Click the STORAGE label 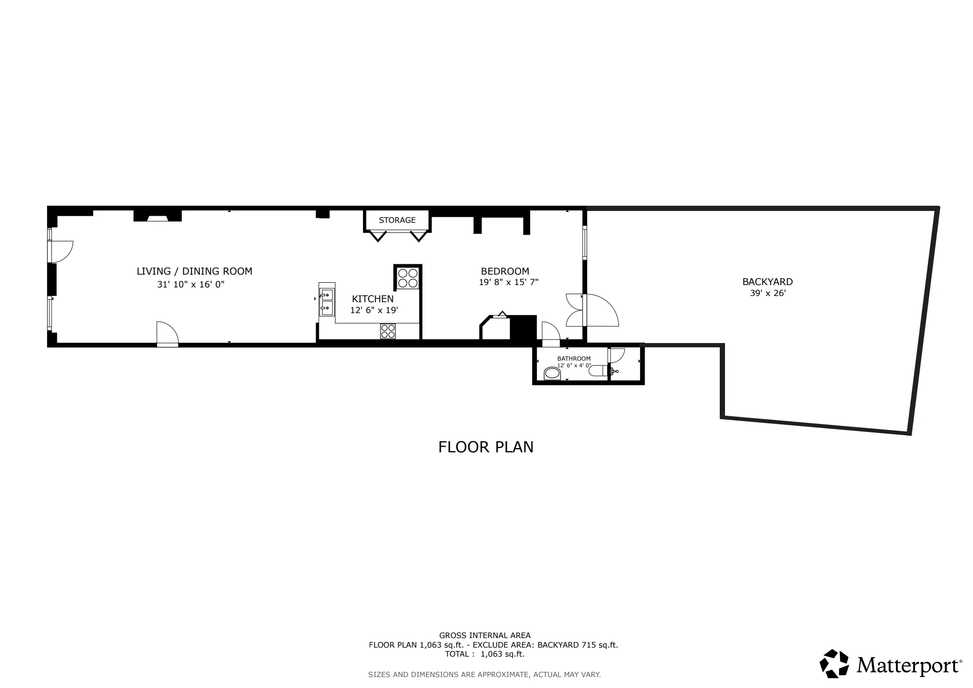click(x=397, y=220)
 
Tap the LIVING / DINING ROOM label click(x=194, y=271)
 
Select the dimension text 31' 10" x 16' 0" click(x=191, y=285)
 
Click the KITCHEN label click(x=372, y=299)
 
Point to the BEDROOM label click(x=505, y=271)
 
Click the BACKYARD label click(x=767, y=282)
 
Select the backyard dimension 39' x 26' click(x=768, y=294)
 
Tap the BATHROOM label click(x=574, y=359)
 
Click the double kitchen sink click(x=326, y=302)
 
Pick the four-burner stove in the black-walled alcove click(x=408, y=278)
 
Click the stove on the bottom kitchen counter click(x=388, y=331)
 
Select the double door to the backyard click(x=591, y=310)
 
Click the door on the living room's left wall click(x=61, y=251)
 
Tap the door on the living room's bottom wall click(x=167, y=334)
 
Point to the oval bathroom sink click(x=552, y=373)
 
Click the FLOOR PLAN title click(x=486, y=447)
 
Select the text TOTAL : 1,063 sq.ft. click(x=485, y=654)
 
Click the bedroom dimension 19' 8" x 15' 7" click(x=508, y=282)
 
